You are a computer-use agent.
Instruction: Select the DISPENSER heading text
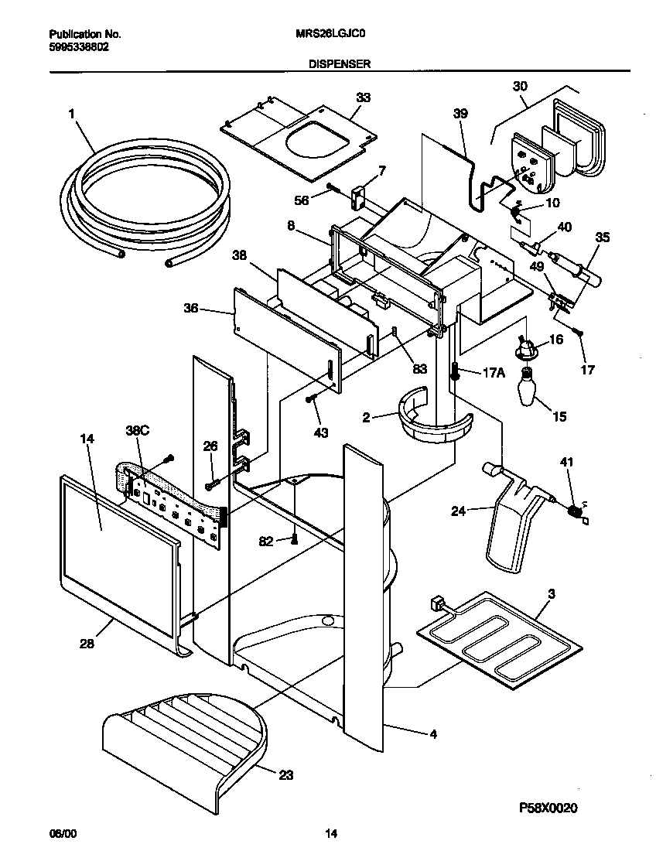coord(340,66)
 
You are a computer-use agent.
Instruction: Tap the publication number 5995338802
coord(77,46)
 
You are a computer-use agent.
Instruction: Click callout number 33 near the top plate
coord(363,97)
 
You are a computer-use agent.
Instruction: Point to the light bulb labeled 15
coord(528,387)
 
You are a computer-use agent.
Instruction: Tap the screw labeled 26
coord(211,484)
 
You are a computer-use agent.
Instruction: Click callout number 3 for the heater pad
coord(552,594)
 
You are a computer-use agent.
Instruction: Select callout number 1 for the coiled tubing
coord(71,114)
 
